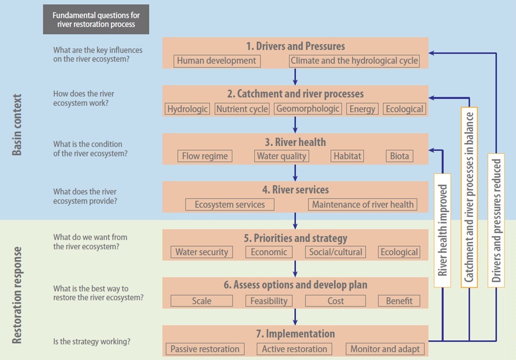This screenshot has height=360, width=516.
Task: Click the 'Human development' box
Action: [x=216, y=61]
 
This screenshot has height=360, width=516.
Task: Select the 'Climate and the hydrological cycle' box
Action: [x=354, y=61]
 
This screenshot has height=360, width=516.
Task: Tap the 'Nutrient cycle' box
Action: [x=242, y=109]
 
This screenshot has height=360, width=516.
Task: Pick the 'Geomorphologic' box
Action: [x=308, y=109]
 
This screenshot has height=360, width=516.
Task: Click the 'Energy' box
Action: [x=362, y=109]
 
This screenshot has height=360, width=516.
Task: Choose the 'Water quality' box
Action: [x=281, y=156]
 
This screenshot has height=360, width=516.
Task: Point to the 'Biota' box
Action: [x=400, y=156]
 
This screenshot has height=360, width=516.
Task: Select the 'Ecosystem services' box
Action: [x=230, y=204]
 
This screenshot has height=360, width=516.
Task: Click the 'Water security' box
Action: [x=201, y=252]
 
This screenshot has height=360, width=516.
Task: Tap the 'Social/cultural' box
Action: [x=336, y=252]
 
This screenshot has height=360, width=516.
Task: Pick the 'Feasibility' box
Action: [x=269, y=301]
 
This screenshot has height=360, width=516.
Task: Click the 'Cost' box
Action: [x=336, y=301]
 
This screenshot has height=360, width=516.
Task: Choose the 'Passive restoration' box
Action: [x=205, y=349]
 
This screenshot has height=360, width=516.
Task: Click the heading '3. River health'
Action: [x=295, y=142]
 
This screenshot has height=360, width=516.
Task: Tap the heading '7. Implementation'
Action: [x=295, y=333]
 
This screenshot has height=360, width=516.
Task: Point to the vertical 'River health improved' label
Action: [x=442, y=230]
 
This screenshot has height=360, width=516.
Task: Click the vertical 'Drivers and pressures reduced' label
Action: [x=496, y=220]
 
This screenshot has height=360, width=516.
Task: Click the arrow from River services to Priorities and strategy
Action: [x=295, y=220]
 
